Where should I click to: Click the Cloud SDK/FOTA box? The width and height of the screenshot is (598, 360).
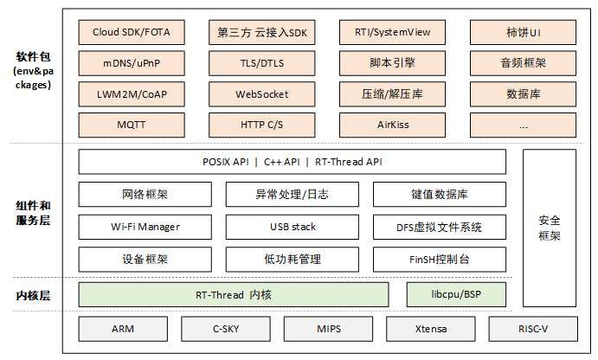pyautogui.click(x=132, y=33)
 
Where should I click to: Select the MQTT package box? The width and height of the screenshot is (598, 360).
pyautogui.click(x=132, y=125)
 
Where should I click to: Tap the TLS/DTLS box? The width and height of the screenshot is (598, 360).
pyautogui.click(x=262, y=63)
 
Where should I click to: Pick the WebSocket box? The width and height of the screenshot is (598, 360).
pyautogui.click(x=262, y=94)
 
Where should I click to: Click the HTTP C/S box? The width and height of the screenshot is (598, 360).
pyautogui.click(x=262, y=125)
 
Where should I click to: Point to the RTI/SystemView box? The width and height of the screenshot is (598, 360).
pyautogui.click(x=393, y=33)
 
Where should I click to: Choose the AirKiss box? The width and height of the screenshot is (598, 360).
pyautogui.click(x=393, y=125)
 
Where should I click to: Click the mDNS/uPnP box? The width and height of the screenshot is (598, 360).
pyautogui.click(x=132, y=63)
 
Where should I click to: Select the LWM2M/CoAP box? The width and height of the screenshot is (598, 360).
pyautogui.click(x=132, y=94)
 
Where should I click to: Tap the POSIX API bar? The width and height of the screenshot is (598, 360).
pyautogui.click(x=291, y=162)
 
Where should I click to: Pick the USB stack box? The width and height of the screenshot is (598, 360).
pyautogui.click(x=292, y=227)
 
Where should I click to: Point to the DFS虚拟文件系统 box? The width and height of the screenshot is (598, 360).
pyautogui.click(x=439, y=227)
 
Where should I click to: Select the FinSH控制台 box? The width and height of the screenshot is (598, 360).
pyautogui.click(x=439, y=259)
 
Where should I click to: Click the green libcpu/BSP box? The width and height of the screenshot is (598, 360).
pyautogui.click(x=456, y=295)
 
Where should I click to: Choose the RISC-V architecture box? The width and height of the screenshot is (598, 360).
pyautogui.click(x=533, y=329)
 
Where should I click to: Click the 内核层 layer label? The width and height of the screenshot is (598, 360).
pyautogui.click(x=33, y=295)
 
